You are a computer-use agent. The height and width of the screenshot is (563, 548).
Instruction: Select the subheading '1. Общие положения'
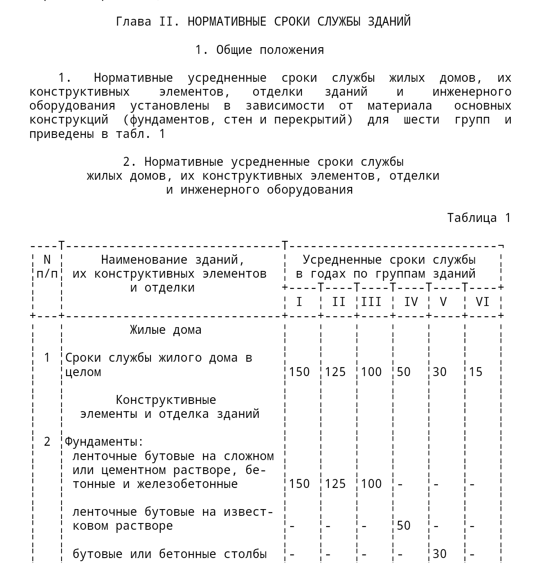pos(259,50)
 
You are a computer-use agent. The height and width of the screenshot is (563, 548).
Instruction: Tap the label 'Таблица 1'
pos(479,218)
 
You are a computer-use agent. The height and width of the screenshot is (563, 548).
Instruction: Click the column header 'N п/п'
pos(47,266)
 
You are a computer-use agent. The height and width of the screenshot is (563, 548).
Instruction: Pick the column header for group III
pos(371,302)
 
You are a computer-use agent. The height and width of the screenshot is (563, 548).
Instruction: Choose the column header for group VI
pos(482,302)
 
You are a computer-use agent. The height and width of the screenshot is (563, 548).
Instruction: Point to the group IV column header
pos(411,302)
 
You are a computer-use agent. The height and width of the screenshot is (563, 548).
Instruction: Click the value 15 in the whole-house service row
pos(475,372)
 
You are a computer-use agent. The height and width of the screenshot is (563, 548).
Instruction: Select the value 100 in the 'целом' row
pos(371,372)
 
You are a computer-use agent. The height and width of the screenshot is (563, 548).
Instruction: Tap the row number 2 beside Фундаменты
pos(47,442)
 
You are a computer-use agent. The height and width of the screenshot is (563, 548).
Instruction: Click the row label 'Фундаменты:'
pos(104,442)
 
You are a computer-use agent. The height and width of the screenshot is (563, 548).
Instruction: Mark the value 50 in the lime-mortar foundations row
pos(403,526)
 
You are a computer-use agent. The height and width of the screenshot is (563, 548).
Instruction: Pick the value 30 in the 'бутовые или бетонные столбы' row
pos(439,554)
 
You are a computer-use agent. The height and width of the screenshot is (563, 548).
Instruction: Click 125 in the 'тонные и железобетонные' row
pos(335,484)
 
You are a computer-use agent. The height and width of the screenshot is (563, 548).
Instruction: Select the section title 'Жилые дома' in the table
pos(166,330)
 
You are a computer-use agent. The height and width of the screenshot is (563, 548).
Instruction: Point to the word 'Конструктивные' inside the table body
pos(166,400)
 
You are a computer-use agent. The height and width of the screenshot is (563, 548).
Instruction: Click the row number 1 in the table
pos(47,358)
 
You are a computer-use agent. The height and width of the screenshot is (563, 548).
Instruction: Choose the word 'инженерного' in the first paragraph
pos(472,92)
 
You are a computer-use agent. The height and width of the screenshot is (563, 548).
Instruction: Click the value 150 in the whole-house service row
pos(299,372)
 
